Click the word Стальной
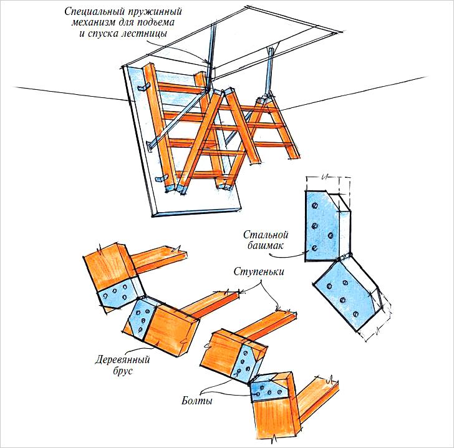(266, 235)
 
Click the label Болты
(198, 401)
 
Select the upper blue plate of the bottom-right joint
(244, 363)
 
